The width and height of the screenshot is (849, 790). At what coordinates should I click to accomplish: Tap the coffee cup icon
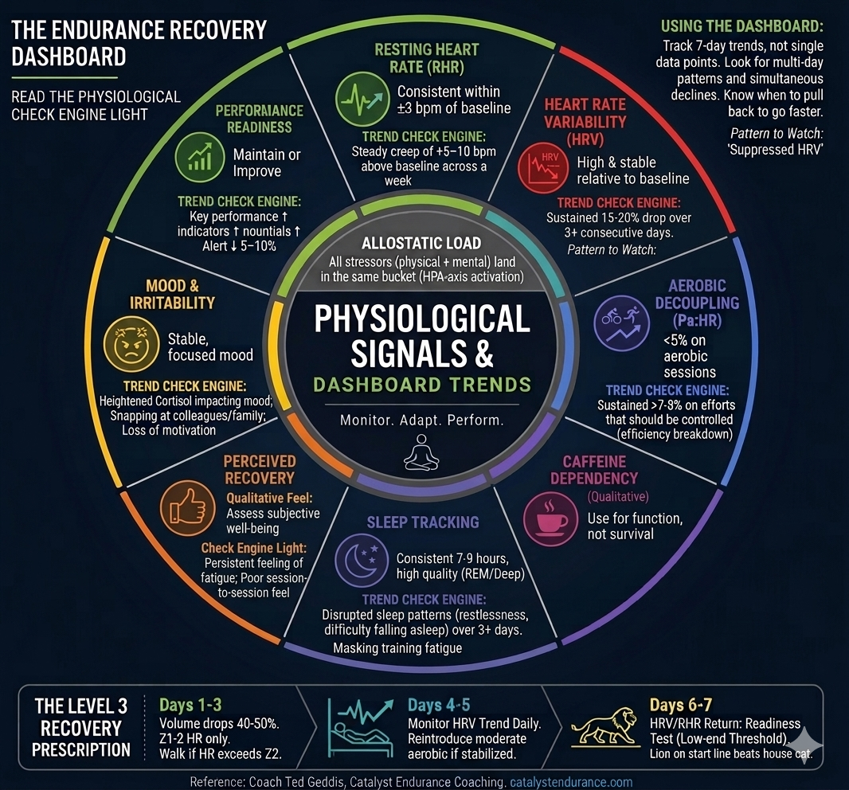[x=550, y=518]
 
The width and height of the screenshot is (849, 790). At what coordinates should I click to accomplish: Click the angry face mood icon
[x=131, y=344]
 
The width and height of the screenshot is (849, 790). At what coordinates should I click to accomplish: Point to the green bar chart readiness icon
[x=200, y=157]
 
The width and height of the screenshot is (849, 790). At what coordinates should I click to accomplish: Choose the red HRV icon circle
[x=543, y=168]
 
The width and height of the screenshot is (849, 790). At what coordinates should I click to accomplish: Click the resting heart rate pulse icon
[x=362, y=99]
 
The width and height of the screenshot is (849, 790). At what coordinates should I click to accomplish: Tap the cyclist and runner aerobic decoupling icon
[x=621, y=323]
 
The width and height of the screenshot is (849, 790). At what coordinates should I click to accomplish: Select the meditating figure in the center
[x=421, y=452]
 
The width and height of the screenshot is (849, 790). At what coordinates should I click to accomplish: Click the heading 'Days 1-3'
[x=190, y=705]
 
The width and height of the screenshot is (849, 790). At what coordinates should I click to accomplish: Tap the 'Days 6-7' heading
[x=681, y=705]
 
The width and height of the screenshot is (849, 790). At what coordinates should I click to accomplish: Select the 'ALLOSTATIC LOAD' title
[x=421, y=243]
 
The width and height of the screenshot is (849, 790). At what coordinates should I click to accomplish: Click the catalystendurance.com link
[x=571, y=782]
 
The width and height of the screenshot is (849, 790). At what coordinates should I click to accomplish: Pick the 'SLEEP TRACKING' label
[x=423, y=522]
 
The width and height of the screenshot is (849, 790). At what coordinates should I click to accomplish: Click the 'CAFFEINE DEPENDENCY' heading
[x=594, y=470]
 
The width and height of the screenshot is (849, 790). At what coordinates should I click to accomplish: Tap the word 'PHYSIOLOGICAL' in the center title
[x=422, y=319]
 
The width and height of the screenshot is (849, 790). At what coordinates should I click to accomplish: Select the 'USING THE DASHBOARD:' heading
[x=741, y=26]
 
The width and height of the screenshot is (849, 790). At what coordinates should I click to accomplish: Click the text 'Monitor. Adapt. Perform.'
[x=422, y=420]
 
